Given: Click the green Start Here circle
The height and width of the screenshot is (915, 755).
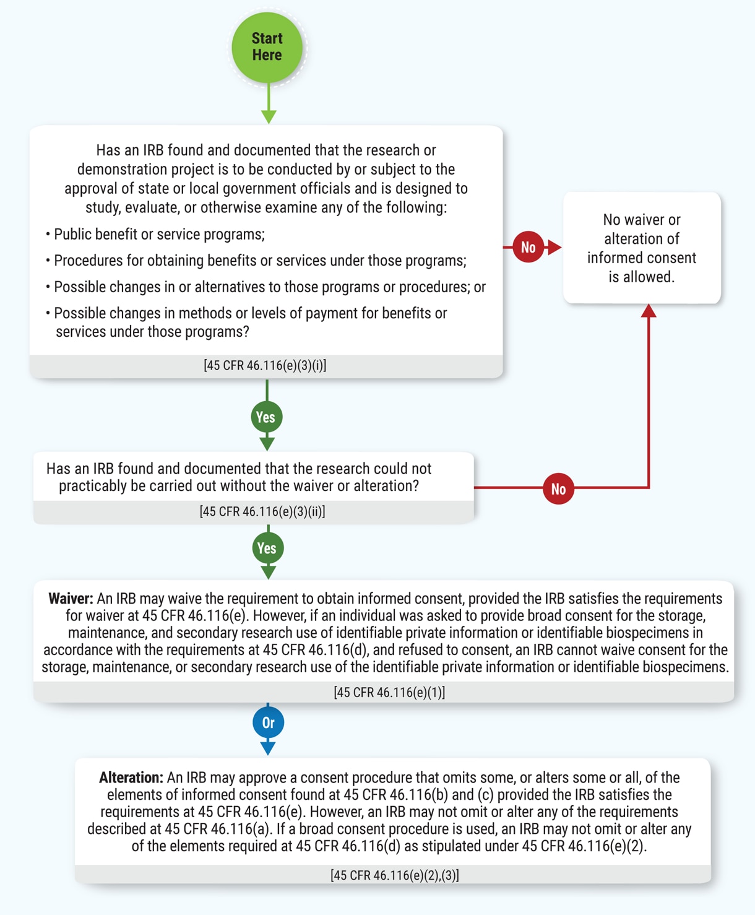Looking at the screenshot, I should [267, 47].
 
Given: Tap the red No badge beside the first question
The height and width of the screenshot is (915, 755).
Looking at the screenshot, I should [528, 248].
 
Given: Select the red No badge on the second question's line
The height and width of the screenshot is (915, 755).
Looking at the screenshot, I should [558, 489].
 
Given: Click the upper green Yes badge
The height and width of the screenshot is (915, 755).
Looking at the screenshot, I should [267, 417].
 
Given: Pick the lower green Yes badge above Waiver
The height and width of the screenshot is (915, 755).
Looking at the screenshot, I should [267, 549].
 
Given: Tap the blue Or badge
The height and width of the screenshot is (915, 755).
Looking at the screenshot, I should [268, 722].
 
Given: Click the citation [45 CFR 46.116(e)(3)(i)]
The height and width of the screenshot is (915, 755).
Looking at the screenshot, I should [265, 365].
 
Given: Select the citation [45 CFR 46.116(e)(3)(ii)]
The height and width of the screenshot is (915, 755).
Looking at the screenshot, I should [262, 511].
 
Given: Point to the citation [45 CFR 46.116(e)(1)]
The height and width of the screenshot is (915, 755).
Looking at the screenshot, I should [389, 692].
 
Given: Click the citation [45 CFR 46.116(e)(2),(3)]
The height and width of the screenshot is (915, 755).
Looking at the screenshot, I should [395, 875].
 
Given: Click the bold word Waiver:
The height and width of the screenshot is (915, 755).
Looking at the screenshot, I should [71, 599].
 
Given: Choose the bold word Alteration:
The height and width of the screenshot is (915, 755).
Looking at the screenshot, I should [131, 778].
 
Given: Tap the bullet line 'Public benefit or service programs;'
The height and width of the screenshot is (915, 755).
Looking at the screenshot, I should [158, 235].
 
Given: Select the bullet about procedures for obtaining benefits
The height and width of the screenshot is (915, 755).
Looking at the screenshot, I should [259, 261].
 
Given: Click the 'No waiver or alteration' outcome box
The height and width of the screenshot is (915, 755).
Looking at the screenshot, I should [642, 248].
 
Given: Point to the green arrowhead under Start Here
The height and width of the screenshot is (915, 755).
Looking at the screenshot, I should [269, 116].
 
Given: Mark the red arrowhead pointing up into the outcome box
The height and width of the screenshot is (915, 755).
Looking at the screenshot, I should [649, 311].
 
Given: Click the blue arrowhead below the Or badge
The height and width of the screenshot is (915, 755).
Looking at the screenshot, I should [268, 748].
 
